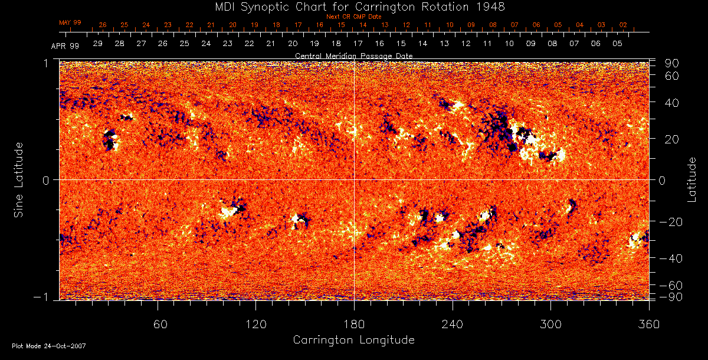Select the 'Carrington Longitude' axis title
point(353,340)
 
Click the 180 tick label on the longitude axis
point(354,324)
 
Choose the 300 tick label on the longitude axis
point(550,324)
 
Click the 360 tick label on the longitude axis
point(648,324)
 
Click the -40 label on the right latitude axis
point(670,258)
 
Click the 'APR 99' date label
point(64,45)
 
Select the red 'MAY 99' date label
point(70,22)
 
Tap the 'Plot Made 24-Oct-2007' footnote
point(49,346)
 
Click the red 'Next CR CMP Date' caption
point(354,17)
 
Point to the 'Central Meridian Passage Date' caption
point(354,56)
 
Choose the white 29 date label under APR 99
point(98,44)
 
